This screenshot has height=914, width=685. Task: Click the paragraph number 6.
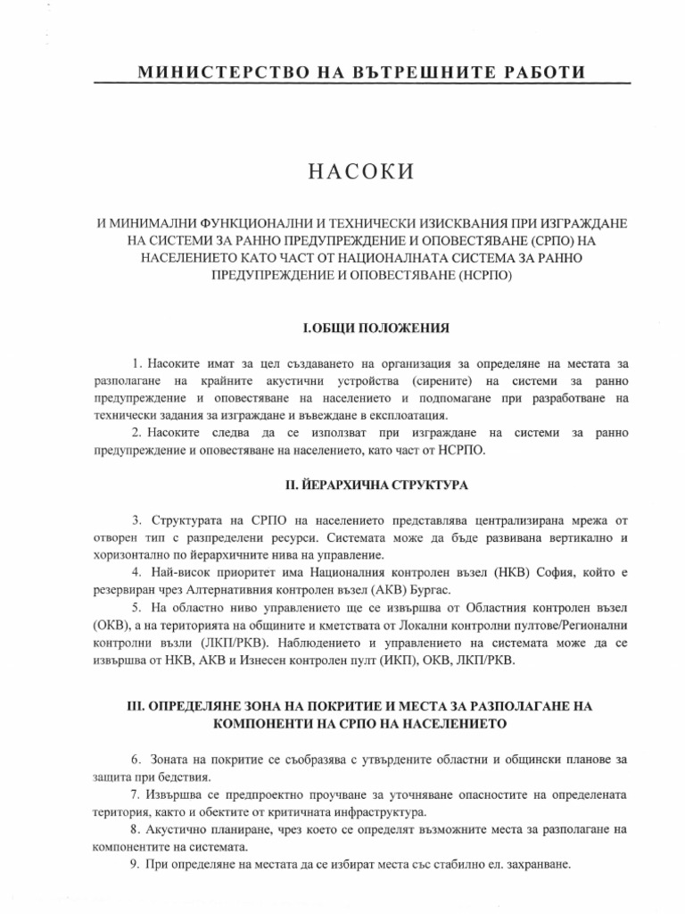(136, 760)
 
